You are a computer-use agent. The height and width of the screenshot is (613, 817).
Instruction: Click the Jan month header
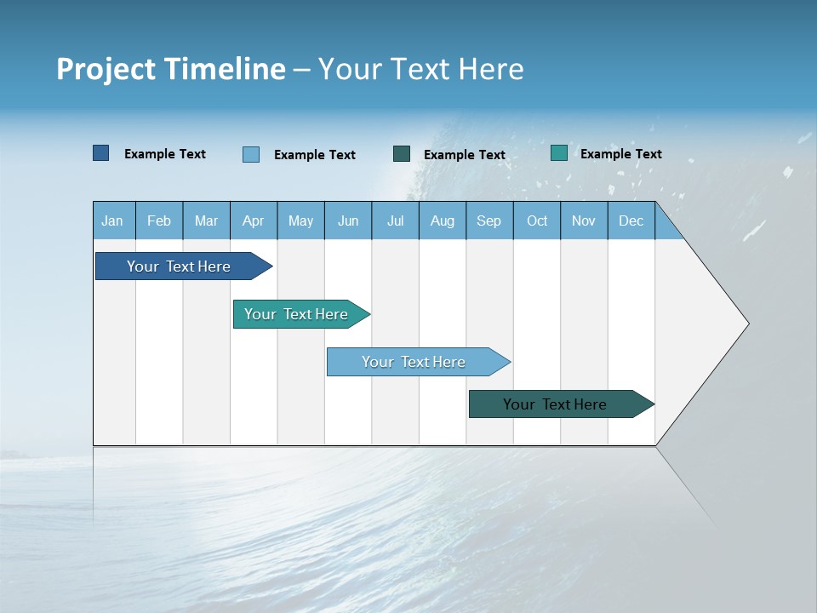tap(113, 221)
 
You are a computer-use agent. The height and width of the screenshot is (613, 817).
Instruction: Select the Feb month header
tap(159, 221)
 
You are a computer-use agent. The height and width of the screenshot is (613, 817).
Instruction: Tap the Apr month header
tap(254, 221)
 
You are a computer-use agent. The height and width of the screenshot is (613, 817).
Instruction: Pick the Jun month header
tap(348, 221)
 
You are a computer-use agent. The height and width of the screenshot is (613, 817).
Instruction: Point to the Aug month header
tap(443, 221)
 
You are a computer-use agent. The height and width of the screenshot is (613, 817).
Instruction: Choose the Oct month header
tap(537, 221)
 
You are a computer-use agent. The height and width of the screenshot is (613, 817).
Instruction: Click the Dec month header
tap(631, 221)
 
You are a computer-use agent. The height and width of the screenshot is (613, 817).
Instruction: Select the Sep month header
tap(489, 221)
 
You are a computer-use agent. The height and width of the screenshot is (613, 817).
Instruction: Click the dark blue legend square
tap(101, 153)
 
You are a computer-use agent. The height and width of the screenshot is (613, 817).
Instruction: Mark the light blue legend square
tap(251, 154)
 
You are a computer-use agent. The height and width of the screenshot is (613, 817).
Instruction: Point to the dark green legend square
tap(402, 153)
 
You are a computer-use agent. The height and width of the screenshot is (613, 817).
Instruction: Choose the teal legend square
tap(559, 153)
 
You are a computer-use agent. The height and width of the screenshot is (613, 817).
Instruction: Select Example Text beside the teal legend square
tap(620, 154)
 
